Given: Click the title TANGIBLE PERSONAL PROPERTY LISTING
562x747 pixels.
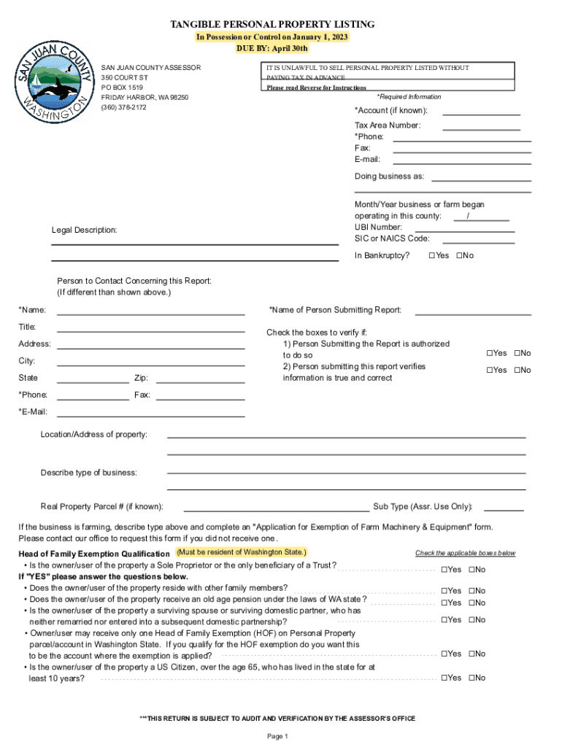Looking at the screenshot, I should pos(272,25).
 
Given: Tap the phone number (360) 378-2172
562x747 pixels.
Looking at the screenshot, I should pos(123,107).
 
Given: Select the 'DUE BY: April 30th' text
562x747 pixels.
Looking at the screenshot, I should pos(272,49).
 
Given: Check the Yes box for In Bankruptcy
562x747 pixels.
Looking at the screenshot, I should pos(433,255).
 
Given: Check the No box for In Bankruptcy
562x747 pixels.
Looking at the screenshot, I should pos(459,255).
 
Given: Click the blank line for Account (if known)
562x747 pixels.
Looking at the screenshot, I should pos(481,114).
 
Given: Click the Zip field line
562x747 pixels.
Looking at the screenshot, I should pos(200,382).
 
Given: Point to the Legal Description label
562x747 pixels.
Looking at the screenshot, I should pos(84,231).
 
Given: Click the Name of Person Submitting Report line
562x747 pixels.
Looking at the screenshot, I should pos(472,314).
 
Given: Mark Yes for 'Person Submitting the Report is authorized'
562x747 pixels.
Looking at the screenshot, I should pos(490,353).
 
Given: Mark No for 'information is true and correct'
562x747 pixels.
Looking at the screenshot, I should pos(517,370).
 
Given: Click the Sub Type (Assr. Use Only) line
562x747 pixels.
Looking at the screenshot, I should pos(504,509).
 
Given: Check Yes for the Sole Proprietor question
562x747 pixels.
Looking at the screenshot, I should pos(444,570).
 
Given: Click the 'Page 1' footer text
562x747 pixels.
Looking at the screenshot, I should pos(278,736).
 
